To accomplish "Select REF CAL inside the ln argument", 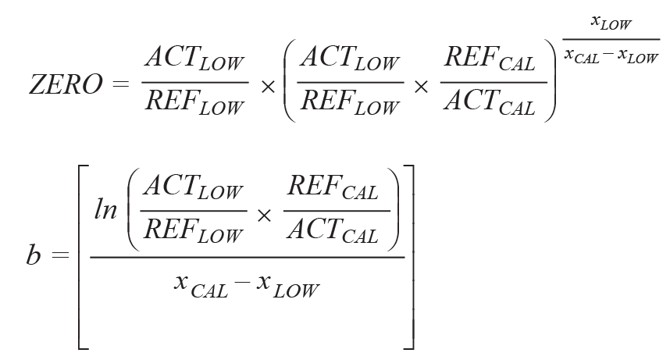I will [333, 191].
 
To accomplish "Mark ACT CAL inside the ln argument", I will [333, 233].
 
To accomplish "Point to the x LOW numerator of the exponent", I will [611, 24].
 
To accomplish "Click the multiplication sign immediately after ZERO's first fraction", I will [268, 85].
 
